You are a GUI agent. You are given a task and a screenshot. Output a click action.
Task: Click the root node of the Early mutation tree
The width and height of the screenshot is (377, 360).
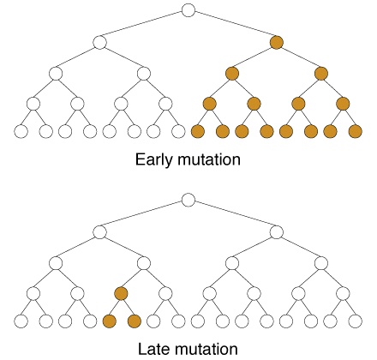point(188,10)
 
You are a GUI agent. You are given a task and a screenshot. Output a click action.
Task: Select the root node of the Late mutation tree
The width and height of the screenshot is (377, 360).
point(188,200)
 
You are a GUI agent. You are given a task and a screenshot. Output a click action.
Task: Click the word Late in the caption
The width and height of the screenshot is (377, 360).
point(153,349)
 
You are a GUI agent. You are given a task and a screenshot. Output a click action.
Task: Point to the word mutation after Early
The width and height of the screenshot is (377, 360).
point(209,159)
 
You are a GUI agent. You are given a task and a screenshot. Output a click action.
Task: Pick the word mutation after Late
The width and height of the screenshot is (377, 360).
point(206,349)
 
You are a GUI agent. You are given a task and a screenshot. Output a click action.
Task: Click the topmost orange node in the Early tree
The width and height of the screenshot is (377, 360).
point(277,43)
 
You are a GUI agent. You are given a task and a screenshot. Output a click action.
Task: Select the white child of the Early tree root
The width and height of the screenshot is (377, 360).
point(99,43)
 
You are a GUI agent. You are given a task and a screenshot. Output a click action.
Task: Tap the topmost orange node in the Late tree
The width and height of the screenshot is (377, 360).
point(121,293)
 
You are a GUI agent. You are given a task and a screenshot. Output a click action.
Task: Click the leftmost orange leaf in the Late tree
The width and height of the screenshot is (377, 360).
point(110,321)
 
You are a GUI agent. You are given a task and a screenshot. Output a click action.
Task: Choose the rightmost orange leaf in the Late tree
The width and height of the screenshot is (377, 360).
point(135,321)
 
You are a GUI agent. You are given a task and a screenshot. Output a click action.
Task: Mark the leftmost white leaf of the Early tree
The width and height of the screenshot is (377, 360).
point(21,131)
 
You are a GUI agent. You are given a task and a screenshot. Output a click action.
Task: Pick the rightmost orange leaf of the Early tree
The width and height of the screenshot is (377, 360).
point(356,131)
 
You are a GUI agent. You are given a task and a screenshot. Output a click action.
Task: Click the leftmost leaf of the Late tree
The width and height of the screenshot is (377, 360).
point(21,321)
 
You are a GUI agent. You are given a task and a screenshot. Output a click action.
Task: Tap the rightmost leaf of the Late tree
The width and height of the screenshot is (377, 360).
point(356,321)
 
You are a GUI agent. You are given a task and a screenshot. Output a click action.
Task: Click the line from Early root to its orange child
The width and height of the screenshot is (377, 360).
point(232,26)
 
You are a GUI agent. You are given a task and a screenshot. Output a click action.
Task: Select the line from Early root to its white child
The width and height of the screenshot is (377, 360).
point(144,26)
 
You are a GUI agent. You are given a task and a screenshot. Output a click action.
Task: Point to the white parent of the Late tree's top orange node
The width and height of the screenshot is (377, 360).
point(144,263)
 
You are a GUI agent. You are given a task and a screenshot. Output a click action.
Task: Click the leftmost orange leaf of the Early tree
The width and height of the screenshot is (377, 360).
point(198,131)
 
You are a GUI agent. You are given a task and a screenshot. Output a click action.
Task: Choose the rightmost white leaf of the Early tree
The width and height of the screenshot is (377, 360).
point(178,131)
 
